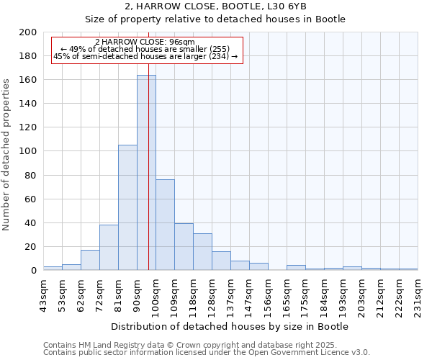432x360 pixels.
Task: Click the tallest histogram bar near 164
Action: click(146, 173)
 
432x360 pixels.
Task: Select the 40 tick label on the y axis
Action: click(31, 223)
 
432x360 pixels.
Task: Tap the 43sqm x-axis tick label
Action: click(43, 292)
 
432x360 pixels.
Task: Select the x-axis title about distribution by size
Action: click(230, 326)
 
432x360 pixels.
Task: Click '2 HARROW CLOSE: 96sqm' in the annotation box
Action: click(144, 42)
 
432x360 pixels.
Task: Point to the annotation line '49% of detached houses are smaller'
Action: click(145, 48)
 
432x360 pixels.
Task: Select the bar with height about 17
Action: click(90, 260)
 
